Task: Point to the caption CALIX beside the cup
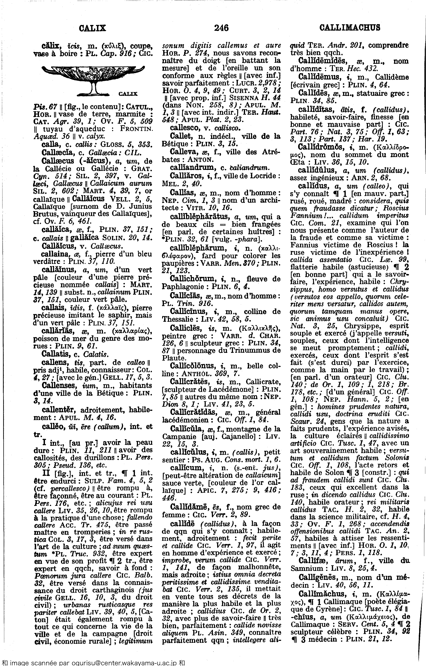click(x=128, y=94)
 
